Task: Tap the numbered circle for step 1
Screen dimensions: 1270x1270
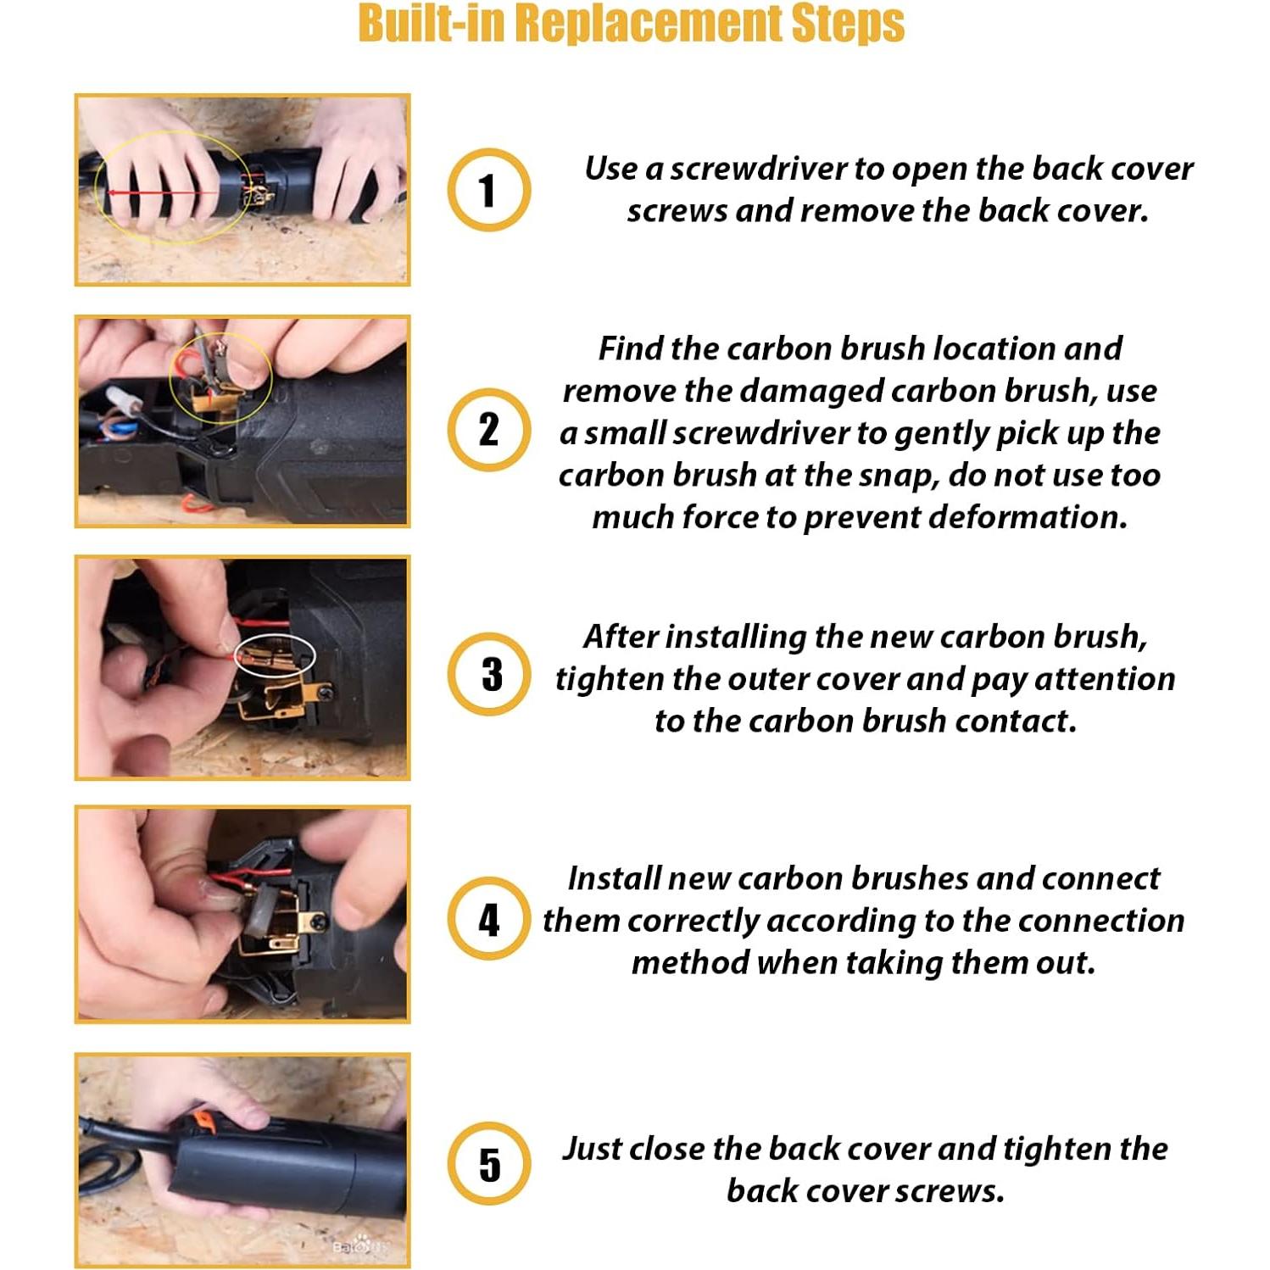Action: tap(489, 190)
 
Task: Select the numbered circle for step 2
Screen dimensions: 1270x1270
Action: tap(489, 430)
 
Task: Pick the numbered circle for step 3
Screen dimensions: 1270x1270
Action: tap(489, 674)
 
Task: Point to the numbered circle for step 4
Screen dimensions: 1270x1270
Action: tap(489, 919)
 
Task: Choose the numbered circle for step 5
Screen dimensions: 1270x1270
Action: tap(489, 1164)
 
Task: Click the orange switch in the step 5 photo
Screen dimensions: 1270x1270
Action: tap(202, 1119)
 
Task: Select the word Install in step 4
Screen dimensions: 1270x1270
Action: tap(614, 878)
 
